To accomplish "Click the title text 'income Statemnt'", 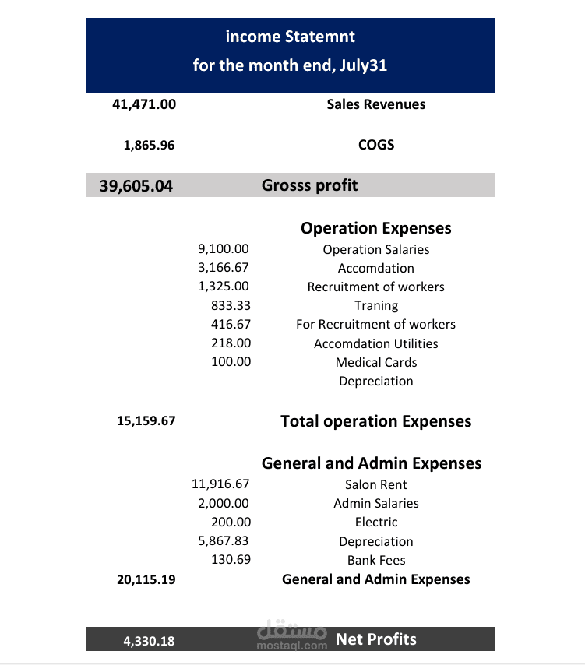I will pyautogui.click(x=290, y=37).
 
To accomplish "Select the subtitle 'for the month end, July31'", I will pyautogui.click(x=290, y=65).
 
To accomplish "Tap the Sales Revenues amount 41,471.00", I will pyautogui.click(x=144, y=104).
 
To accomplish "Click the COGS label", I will pyautogui.click(x=376, y=145).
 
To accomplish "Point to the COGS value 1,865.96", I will pyautogui.click(x=150, y=145).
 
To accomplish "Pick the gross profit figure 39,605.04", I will pyautogui.click(x=136, y=185).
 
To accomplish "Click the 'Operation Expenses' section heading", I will pyautogui.click(x=376, y=228).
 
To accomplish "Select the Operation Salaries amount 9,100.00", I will pyautogui.click(x=224, y=249).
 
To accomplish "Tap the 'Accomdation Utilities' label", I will pyautogui.click(x=376, y=343).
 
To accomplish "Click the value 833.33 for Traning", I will pyautogui.click(x=231, y=305).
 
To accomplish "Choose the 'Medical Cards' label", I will pyautogui.click(x=376, y=362).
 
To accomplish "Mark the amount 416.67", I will pyautogui.click(x=231, y=324).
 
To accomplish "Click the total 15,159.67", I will pyautogui.click(x=146, y=421).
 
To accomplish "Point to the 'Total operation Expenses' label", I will pyautogui.click(x=376, y=421).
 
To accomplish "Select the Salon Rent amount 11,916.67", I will pyautogui.click(x=220, y=484).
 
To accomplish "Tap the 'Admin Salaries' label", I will pyautogui.click(x=376, y=503).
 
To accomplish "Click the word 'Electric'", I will pyautogui.click(x=376, y=522).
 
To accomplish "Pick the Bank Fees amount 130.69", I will pyautogui.click(x=231, y=560).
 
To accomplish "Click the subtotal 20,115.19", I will pyautogui.click(x=146, y=579).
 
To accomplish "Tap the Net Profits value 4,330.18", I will pyautogui.click(x=149, y=642).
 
